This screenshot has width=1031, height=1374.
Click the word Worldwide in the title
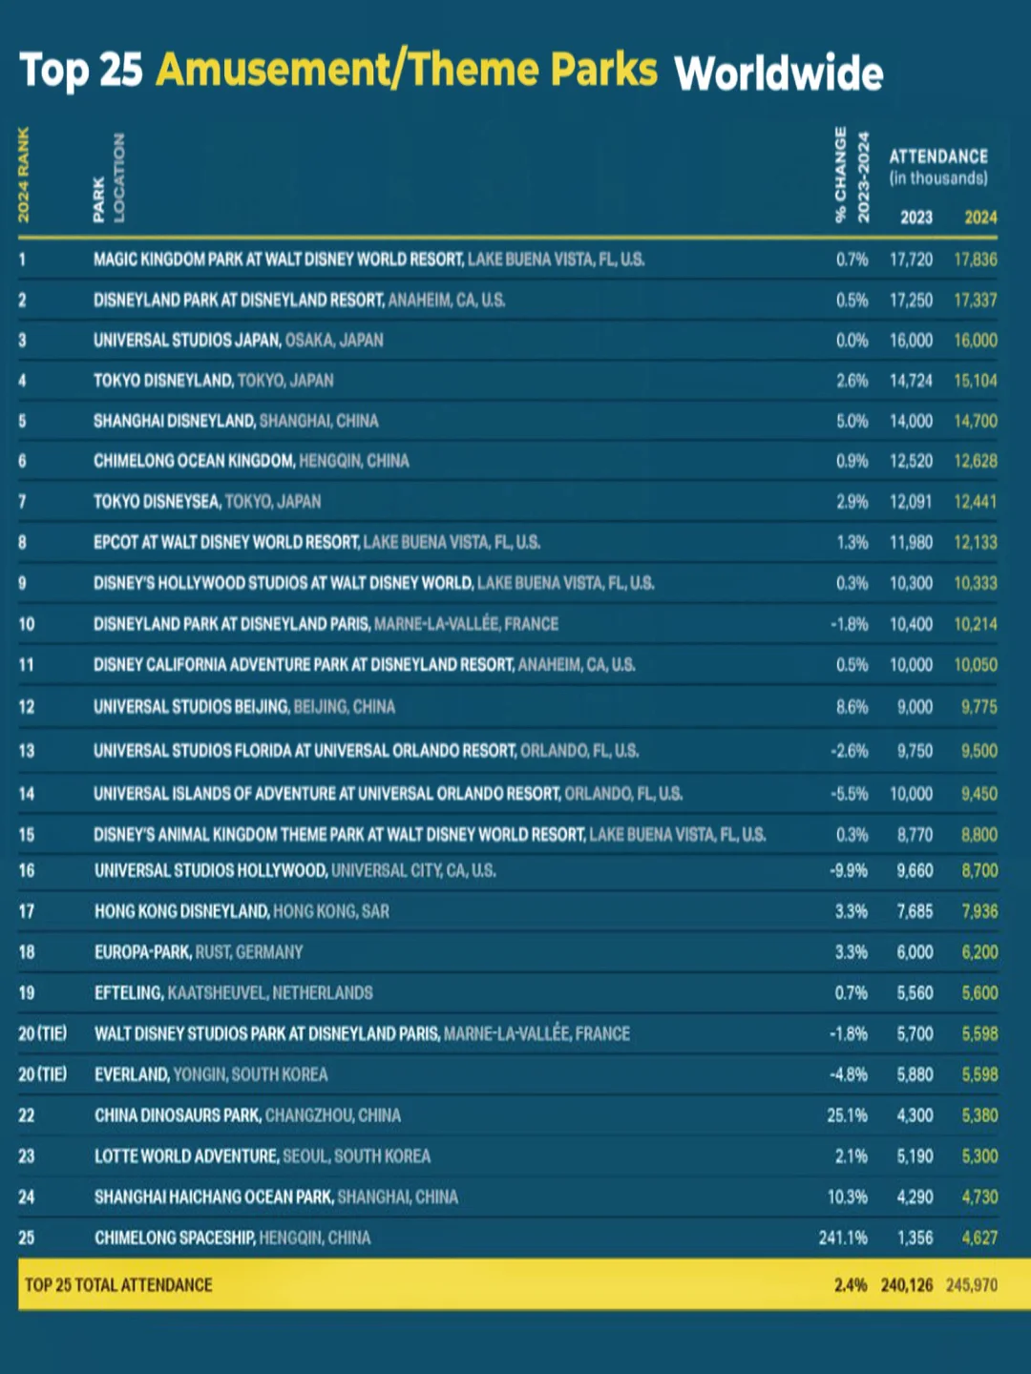778,73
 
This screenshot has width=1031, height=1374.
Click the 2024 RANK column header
24,175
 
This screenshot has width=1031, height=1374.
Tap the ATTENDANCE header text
937,156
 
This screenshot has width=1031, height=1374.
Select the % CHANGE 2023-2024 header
852,175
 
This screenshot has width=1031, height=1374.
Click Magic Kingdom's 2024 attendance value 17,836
975,260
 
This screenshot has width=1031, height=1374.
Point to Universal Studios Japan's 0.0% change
852,341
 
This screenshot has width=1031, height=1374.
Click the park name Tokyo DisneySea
157,502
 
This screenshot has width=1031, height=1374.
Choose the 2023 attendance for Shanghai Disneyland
911,421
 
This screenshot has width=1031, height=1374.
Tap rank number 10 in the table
27,624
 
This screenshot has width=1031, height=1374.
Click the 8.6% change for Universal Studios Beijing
852,707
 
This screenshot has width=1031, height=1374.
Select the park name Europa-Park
142,952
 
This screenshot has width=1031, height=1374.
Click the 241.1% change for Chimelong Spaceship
843,1238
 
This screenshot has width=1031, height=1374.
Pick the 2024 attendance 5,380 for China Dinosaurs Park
979,1115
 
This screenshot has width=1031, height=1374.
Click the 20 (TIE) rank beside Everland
43,1074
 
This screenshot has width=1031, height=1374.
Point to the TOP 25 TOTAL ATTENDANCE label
118,1285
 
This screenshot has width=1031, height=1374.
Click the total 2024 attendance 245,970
971,1285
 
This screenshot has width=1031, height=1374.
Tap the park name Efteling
129,993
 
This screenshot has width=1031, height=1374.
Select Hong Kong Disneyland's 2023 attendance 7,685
915,911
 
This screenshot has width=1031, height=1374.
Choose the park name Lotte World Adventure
186,1156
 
